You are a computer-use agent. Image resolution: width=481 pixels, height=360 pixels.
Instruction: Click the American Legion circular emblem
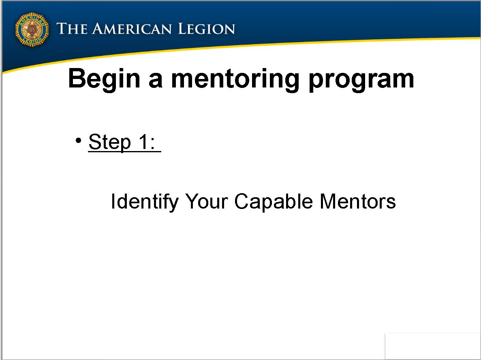[32, 30]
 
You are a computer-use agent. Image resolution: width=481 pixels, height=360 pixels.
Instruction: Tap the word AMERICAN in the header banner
[132, 29]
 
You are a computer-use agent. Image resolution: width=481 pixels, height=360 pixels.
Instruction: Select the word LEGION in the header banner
[206, 29]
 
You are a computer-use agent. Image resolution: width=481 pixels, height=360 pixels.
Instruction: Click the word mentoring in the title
[235, 79]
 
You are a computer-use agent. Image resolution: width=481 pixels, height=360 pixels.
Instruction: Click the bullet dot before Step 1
[79, 141]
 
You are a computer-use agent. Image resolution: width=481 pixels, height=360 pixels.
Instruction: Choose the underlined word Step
[109, 142]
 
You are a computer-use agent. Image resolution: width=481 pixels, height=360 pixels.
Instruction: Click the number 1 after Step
[143, 142]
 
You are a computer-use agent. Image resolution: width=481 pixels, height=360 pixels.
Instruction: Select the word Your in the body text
[206, 202]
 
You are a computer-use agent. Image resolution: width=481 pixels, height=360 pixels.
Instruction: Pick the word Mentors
[358, 202]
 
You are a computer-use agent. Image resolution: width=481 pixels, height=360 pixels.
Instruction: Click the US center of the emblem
[32, 30]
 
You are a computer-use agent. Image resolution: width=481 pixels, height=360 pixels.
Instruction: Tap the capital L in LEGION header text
[183, 29]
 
